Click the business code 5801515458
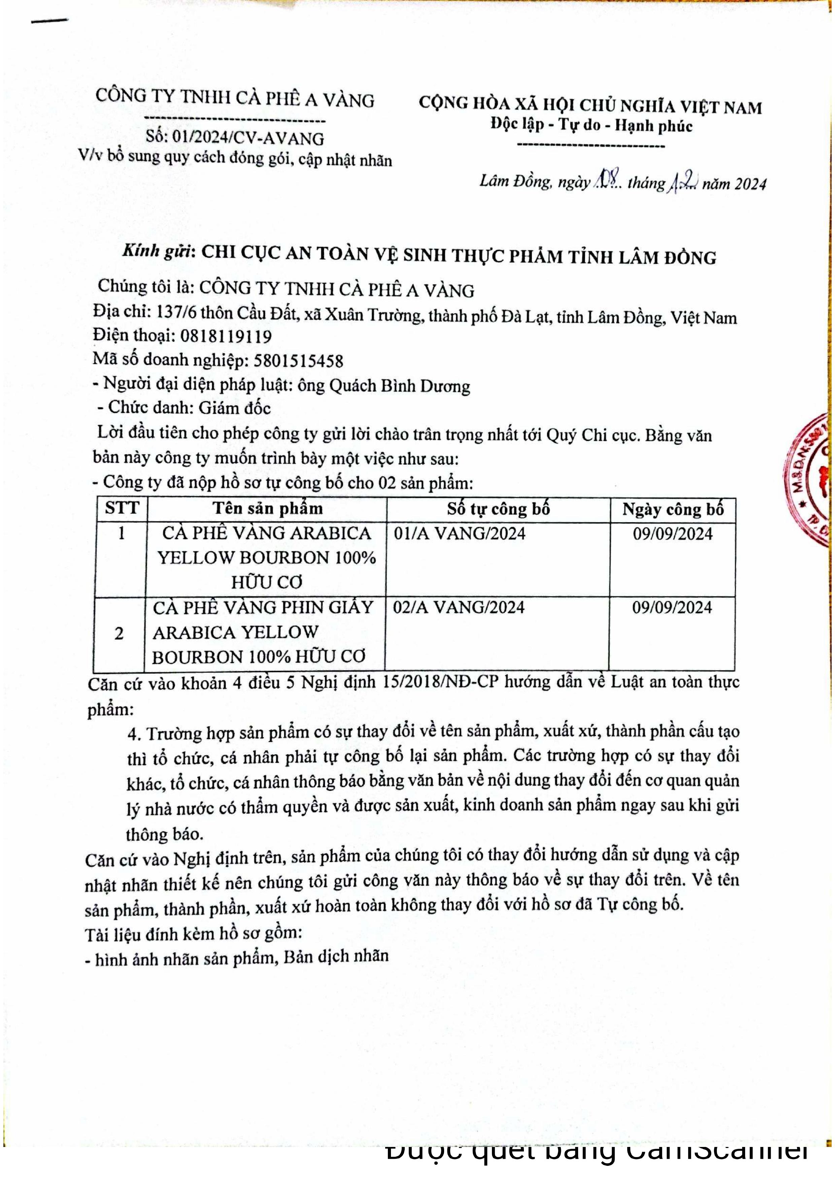(298, 360)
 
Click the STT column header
(122, 508)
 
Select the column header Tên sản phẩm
(268, 509)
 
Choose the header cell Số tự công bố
(498, 509)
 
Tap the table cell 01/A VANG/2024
(460, 533)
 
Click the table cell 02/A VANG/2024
(458, 607)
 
